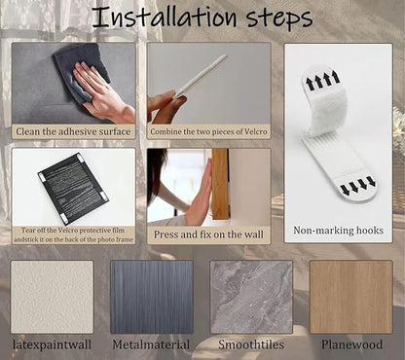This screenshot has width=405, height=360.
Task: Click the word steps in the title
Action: tap(279, 18)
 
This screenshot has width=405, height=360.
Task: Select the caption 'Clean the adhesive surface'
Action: tap(73, 131)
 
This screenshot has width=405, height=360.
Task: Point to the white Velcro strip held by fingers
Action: tap(200, 77)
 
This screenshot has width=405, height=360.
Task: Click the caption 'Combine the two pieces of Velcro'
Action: tap(208, 132)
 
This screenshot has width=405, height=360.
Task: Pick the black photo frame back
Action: tap(73, 188)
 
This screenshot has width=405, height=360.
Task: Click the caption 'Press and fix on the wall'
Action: tap(208, 234)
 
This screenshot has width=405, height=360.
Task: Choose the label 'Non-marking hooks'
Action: tap(338, 231)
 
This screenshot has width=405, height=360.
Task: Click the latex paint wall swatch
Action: tap(52, 297)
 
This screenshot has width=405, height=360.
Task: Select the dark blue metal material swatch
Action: tap(152, 297)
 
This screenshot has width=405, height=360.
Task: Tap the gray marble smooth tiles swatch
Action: tap(251, 297)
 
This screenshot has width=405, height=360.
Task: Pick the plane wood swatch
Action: tap(351, 297)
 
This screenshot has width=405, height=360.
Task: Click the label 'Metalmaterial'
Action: tap(151, 344)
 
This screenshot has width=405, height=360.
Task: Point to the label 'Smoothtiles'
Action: tap(251, 344)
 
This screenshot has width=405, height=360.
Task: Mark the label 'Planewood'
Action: tap(351, 344)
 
